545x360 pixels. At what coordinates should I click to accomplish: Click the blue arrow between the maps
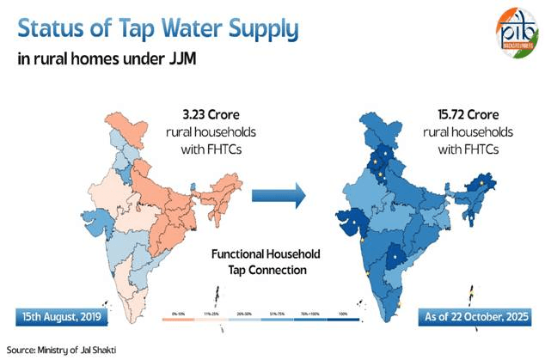[x=279, y=196]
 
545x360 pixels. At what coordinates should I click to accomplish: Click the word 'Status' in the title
[x=52, y=30]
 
